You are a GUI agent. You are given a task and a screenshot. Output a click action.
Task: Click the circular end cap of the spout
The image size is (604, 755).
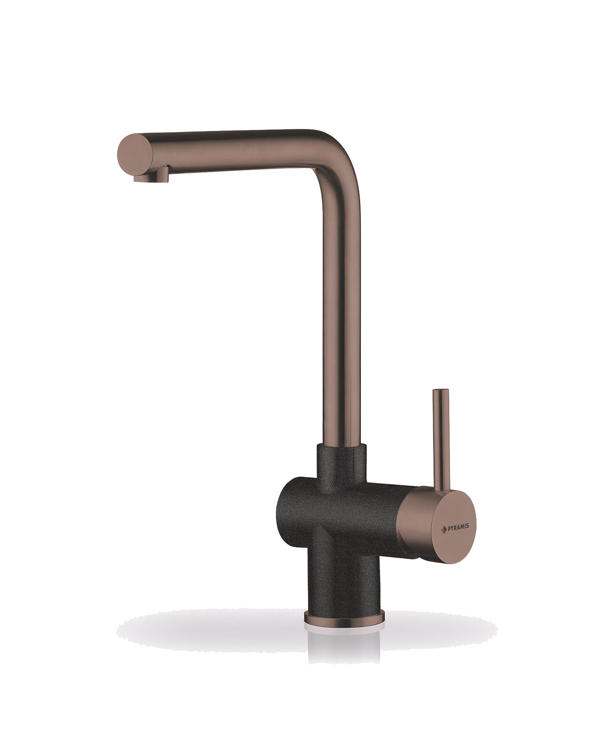coord(135,155)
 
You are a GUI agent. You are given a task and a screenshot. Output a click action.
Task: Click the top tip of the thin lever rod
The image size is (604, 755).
coord(441,390)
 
